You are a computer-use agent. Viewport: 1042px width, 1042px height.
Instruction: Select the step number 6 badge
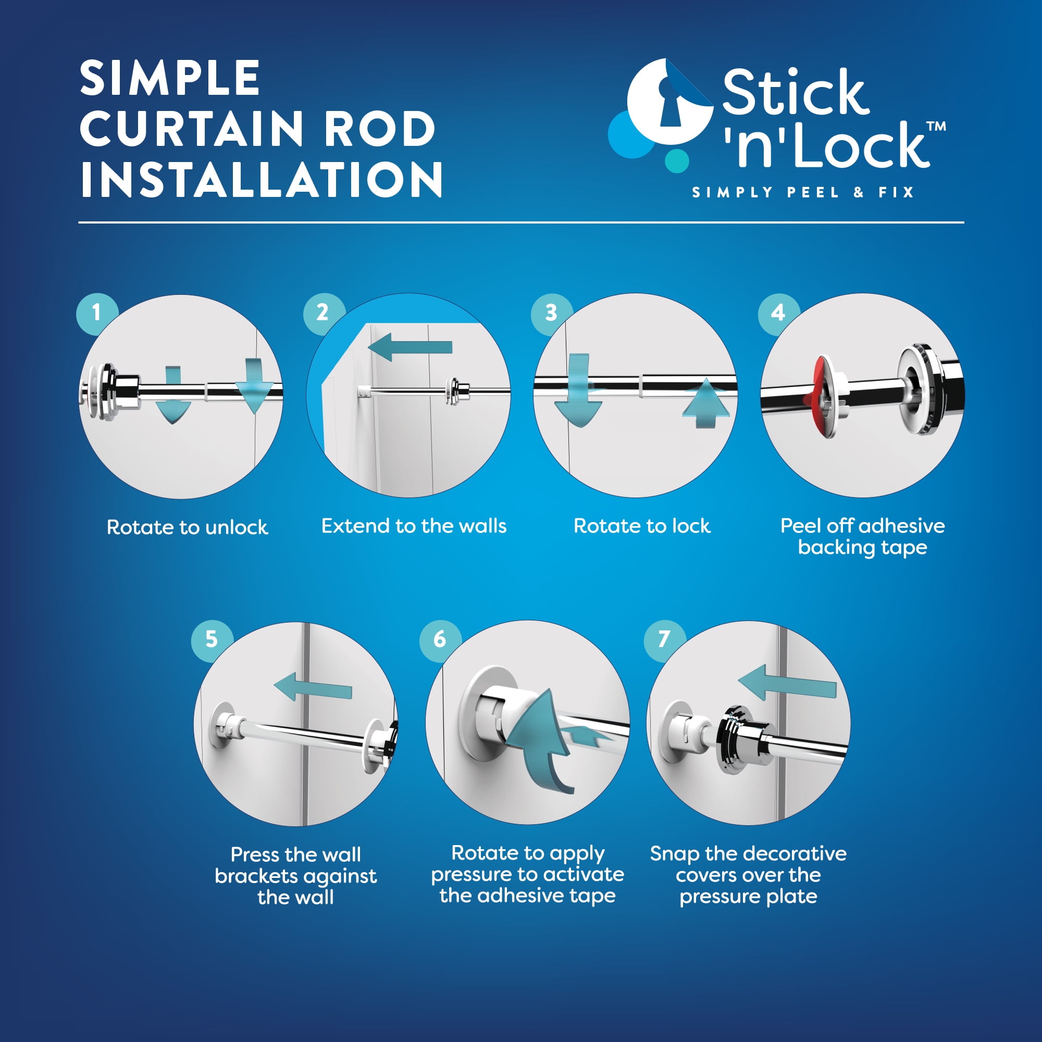pos(440,640)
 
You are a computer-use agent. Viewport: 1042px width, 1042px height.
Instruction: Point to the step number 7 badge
pos(664,640)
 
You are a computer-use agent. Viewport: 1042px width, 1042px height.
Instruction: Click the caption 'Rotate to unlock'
pos(187,527)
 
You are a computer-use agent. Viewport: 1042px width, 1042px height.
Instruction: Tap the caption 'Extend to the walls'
pos(414,526)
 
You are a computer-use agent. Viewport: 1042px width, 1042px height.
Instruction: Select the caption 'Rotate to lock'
pos(642,526)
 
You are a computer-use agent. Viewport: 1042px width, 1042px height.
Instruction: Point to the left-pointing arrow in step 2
pos(410,347)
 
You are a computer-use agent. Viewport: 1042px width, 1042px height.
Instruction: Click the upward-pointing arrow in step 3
pos(705,403)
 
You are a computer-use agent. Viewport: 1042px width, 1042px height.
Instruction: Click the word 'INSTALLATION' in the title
pos(262,179)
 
